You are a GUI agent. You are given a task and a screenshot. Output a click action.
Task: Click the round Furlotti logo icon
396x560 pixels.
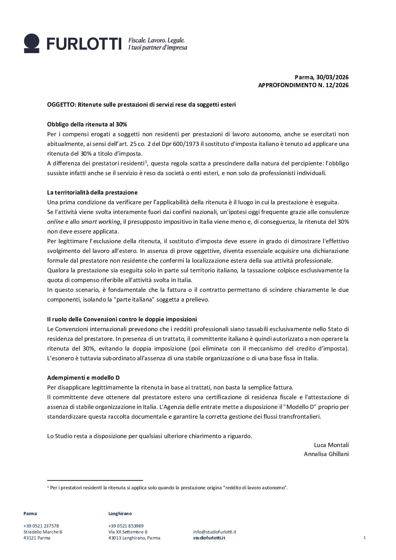[x=31, y=43]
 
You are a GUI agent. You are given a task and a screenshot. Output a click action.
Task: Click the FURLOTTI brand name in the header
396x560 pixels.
[x=84, y=44]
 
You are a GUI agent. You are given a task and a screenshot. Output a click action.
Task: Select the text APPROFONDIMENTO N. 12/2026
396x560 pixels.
[x=303, y=85]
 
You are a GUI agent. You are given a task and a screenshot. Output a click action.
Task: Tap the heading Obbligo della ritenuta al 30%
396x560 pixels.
[x=87, y=124]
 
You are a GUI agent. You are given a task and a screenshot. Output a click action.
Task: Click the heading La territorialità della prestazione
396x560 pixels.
[x=92, y=192]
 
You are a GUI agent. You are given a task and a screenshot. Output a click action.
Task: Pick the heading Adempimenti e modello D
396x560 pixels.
[x=83, y=377]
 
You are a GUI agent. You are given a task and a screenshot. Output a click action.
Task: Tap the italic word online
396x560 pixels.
[x=55, y=221]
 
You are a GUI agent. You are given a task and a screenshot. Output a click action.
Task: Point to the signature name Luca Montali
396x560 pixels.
[x=331, y=445]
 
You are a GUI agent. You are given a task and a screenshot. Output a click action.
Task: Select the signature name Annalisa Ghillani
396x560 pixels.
[x=326, y=454]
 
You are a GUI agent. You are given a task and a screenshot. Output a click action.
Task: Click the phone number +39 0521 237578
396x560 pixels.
[x=41, y=526]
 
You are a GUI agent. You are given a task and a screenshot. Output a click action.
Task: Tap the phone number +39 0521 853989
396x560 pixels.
[x=126, y=526]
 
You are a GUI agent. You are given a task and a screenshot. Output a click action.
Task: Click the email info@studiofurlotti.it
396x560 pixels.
[x=214, y=532]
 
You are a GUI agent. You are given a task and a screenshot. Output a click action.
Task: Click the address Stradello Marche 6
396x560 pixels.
[x=43, y=532]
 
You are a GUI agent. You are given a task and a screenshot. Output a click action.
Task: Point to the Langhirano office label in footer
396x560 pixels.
[x=120, y=513]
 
